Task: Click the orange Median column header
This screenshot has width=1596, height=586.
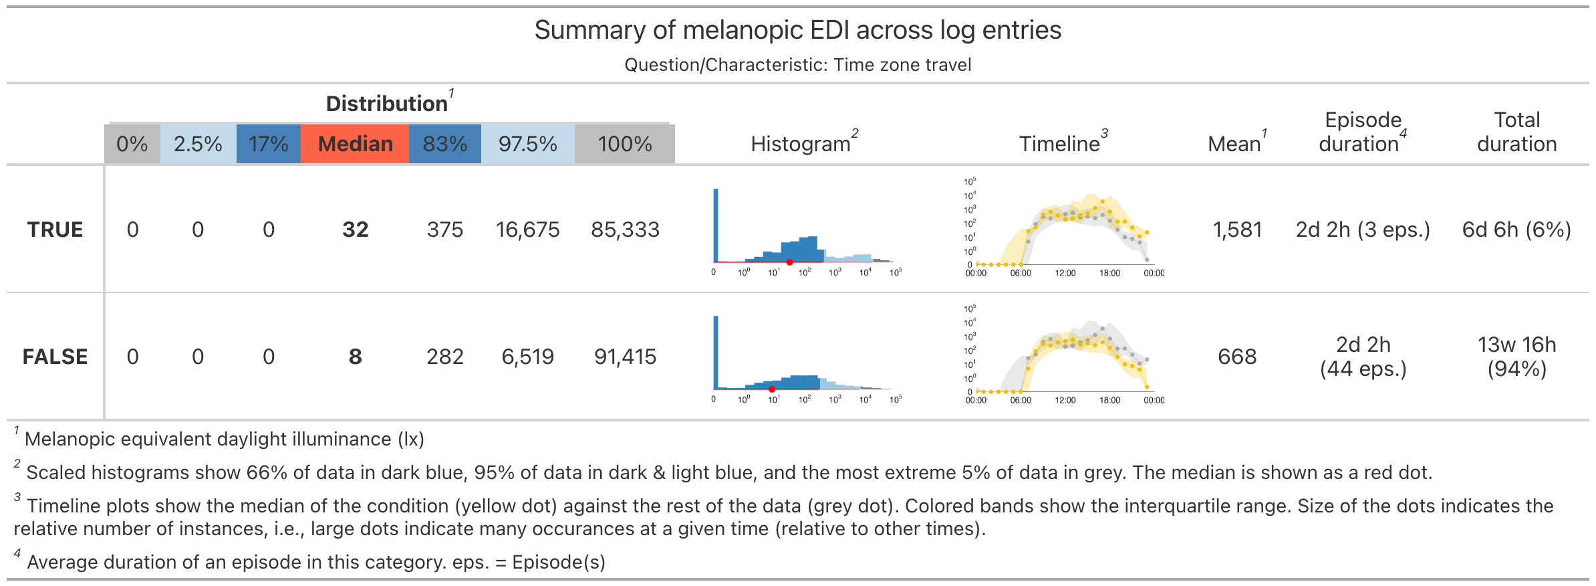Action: pyautogui.click(x=355, y=144)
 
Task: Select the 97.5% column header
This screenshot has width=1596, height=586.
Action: pyautogui.click(x=527, y=144)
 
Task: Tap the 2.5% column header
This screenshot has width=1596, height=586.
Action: pyautogui.click(x=198, y=144)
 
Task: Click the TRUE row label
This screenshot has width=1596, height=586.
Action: pyautogui.click(x=55, y=229)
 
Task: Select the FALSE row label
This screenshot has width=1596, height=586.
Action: pyautogui.click(x=55, y=357)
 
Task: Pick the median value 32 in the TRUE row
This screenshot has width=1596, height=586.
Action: pyautogui.click(x=355, y=229)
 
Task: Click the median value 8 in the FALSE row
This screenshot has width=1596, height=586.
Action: pyautogui.click(x=355, y=357)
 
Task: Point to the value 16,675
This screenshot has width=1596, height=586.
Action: pyautogui.click(x=527, y=229)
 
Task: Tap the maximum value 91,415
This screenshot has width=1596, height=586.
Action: pyautogui.click(x=625, y=357)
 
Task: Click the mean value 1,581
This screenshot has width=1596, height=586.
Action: pyautogui.click(x=1237, y=229)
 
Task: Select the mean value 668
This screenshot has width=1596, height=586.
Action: pyautogui.click(x=1237, y=357)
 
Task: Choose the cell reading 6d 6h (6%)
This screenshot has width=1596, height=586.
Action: pyautogui.click(x=1516, y=229)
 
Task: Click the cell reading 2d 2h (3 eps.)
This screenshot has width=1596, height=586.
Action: pyautogui.click(x=1363, y=229)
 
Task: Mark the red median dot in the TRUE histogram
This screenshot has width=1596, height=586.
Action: pyautogui.click(x=789, y=262)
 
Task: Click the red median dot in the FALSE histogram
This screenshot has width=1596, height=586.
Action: pyautogui.click(x=772, y=389)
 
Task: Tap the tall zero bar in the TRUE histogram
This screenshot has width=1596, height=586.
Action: pyautogui.click(x=716, y=225)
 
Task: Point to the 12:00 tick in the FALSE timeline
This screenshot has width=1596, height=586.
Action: pyautogui.click(x=1065, y=400)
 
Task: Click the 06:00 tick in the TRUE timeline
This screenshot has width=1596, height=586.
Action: pyautogui.click(x=1021, y=273)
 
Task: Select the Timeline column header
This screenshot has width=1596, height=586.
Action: pyautogui.click(x=1059, y=144)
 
